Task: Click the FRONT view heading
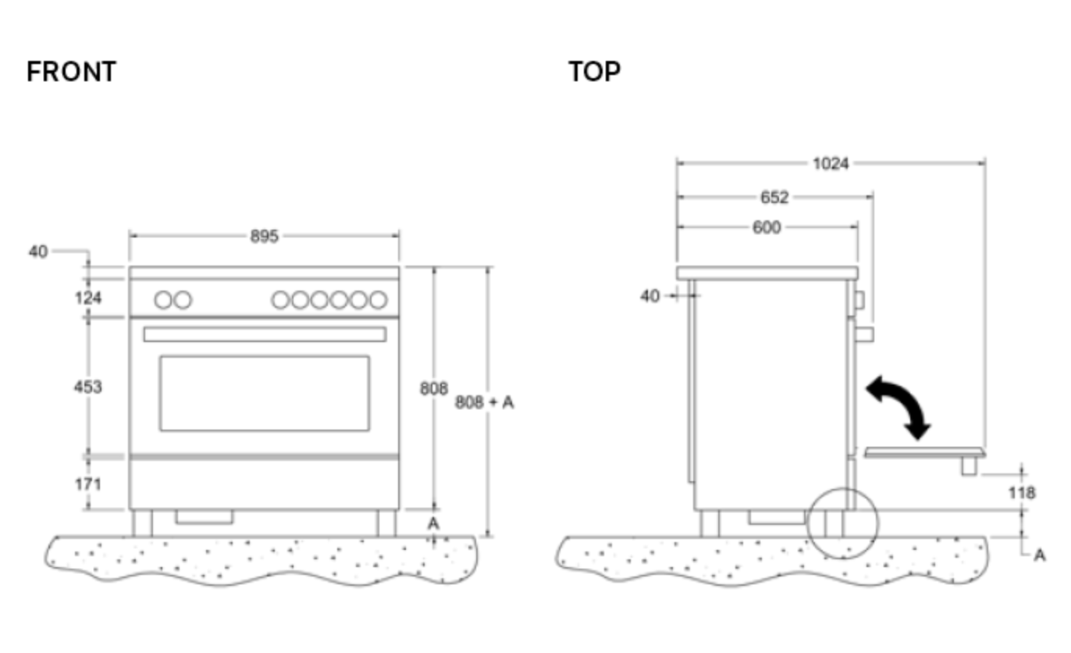coord(71,72)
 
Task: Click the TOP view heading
coord(594,72)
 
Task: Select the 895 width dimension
coord(264,236)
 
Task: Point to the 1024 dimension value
coord(830,164)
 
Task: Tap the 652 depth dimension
coord(774,198)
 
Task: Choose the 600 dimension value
coord(766,227)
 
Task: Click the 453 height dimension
coord(87,387)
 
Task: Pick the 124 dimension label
coord(87,298)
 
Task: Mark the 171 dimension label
coord(87,484)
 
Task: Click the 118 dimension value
coord(1020,493)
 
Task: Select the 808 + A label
coord(484,402)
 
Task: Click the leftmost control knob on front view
coord(163,300)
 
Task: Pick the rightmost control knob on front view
coord(378,300)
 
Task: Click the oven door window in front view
coord(264,393)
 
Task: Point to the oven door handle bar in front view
coord(264,334)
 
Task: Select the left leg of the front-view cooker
coord(142,523)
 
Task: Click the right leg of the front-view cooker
coord(386,523)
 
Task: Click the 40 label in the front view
coord(37,252)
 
